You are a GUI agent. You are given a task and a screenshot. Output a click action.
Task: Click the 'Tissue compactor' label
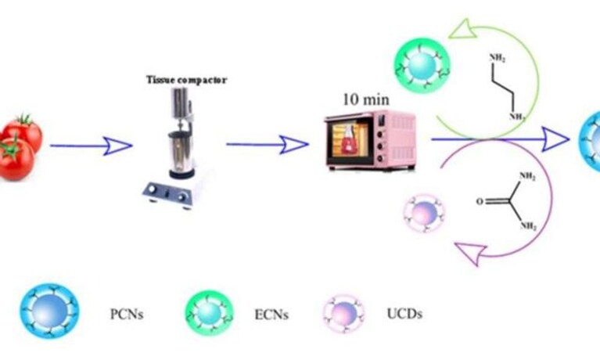pos(186,80)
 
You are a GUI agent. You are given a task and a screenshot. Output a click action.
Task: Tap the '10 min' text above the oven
pos(366,99)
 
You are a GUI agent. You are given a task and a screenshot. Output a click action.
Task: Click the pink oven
pos(370,140)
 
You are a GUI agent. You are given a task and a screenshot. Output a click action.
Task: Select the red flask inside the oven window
pos(349,141)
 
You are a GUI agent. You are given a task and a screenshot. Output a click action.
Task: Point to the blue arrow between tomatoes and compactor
pos(91,146)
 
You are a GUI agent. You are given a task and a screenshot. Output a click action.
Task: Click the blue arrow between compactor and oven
pos(267,144)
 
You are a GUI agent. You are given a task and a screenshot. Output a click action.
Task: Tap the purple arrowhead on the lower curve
pos(471,252)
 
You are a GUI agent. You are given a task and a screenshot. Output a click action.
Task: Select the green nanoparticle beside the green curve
pos(422,65)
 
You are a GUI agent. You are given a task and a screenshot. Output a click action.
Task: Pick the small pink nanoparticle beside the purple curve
pos(424,214)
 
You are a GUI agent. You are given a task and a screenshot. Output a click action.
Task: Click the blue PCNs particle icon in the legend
pos(50,311)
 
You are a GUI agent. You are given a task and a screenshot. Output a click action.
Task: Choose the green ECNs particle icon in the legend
pos(210,312)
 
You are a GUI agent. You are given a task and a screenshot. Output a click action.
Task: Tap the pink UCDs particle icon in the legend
pos(343,314)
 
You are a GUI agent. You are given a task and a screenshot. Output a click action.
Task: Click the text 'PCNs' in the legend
pos(127,314)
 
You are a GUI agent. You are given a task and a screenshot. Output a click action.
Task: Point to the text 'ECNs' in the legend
pos(271,315)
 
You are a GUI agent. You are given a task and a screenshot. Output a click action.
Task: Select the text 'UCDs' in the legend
pos(404,314)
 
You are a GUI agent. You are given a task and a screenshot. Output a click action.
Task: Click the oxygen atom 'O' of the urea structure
pos(480,201)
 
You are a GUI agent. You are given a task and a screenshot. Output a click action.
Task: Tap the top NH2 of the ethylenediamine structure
pos(498,58)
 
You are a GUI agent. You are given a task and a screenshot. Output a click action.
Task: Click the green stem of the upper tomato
pos(25,120)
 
